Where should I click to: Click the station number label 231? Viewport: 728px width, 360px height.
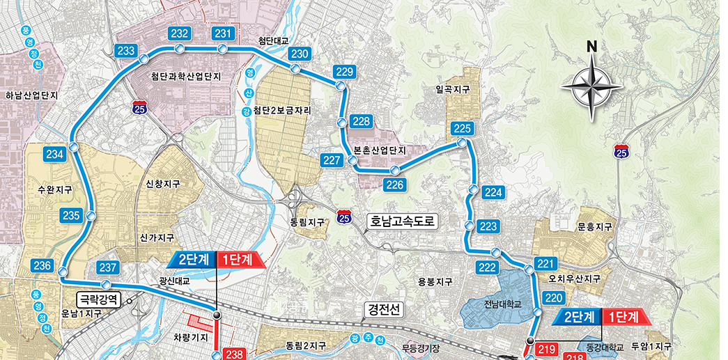pos(224,33)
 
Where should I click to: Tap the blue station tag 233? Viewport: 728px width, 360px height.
pos(126,51)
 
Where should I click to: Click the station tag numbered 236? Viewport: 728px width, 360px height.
pos(42,265)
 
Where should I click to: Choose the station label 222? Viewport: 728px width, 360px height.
pos(488,268)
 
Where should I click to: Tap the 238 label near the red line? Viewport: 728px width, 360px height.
pos(234,354)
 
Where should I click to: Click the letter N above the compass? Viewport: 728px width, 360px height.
pos(591,47)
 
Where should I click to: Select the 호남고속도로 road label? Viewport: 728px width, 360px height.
pos(403,222)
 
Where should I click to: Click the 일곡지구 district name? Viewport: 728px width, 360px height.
pos(452,90)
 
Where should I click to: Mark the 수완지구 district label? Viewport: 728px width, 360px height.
pos(56,189)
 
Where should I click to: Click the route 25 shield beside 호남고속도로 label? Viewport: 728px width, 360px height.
pos(343,218)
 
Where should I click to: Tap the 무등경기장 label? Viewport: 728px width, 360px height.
pos(421,347)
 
